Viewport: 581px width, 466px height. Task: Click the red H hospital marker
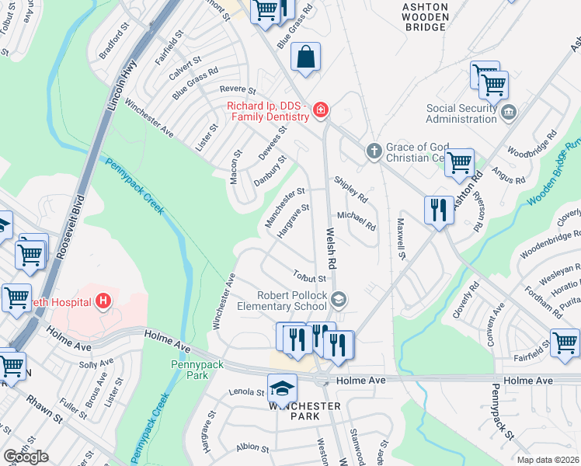click(103, 301)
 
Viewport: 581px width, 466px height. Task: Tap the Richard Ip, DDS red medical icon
click(320, 113)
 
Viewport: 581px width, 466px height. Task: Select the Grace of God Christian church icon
click(374, 149)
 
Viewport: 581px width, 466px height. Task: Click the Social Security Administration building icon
click(508, 111)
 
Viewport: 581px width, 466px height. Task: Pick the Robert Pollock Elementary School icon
click(339, 299)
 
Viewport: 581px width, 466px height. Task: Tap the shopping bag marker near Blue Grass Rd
click(306, 57)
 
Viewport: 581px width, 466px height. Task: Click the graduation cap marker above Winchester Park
click(282, 387)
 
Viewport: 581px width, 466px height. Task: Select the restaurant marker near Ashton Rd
click(439, 209)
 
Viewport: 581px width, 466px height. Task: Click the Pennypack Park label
click(190, 370)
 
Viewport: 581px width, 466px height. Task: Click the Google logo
click(26, 457)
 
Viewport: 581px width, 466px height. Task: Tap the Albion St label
click(253, 447)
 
